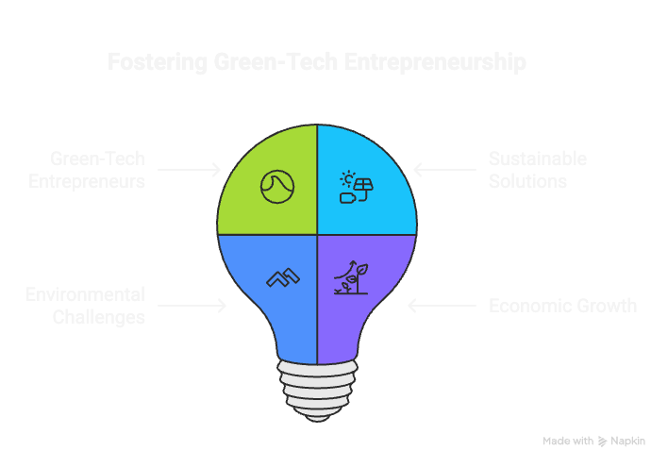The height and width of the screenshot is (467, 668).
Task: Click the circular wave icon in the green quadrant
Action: tap(276, 185)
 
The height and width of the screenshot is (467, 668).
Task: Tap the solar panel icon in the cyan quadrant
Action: tap(354, 187)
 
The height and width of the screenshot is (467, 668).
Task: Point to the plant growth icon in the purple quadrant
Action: tap(351, 278)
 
